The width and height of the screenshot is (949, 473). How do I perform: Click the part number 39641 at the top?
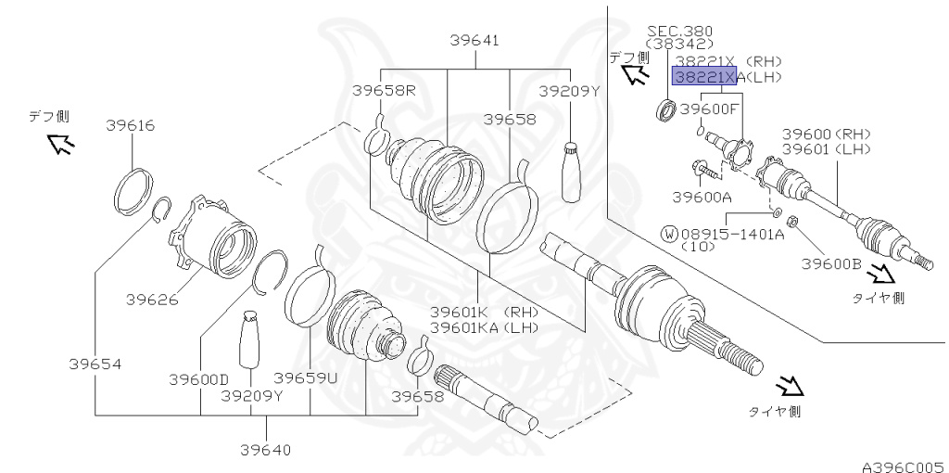point(475,40)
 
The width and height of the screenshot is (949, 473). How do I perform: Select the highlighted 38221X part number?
point(705,77)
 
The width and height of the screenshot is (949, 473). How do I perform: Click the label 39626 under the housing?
point(151,300)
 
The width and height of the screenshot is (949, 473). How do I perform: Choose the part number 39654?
point(95,364)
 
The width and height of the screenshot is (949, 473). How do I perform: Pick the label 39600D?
point(198,379)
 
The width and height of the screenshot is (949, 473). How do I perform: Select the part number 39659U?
point(305,379)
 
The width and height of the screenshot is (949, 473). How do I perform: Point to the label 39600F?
point(710,109)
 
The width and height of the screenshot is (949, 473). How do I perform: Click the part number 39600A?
point(702,197)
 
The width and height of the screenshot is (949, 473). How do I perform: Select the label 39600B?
point(831,263)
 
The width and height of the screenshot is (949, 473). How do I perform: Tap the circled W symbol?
point(668,234)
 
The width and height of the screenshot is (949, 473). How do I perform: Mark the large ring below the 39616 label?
point(133,189)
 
